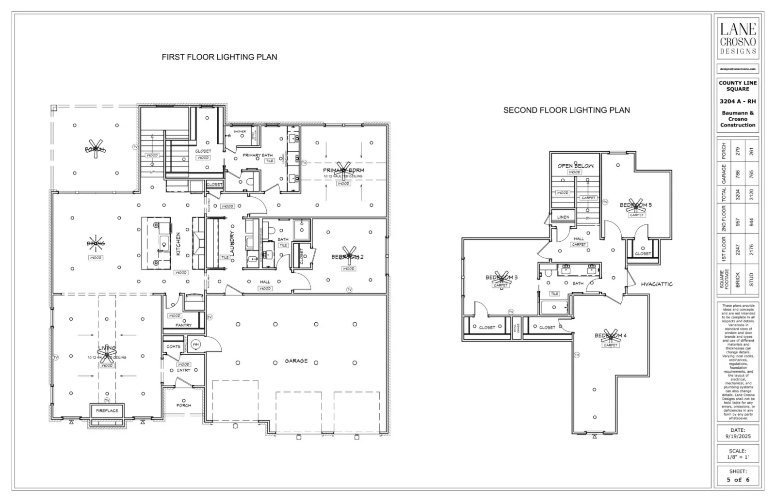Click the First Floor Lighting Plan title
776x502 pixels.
tap(219, 57)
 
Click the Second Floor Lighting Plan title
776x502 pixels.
tap(566, 110)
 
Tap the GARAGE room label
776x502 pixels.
tap(296, 361)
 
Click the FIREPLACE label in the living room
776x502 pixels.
tap(107, 411)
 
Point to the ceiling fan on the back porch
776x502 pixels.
tap(96, 149)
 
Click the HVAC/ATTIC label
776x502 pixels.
tap(657, 284)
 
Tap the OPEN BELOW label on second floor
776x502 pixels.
tap(575, 166)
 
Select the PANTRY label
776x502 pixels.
tap(183, 325)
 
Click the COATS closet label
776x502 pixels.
tap(173, 346)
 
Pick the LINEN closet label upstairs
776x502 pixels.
tap(563, 217)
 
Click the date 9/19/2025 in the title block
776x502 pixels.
tap(738, 437)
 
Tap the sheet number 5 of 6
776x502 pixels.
tap(738, 480)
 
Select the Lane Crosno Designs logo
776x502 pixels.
tap(738, 38)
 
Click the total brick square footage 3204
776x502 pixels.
tap(738, 195)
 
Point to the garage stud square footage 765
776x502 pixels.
tap(751, 173)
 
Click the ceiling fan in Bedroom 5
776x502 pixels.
tap(635, 205)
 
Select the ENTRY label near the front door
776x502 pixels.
tap(183, 370)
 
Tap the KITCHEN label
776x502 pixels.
tap(178, 244)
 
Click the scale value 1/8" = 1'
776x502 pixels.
tap(738, 457)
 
